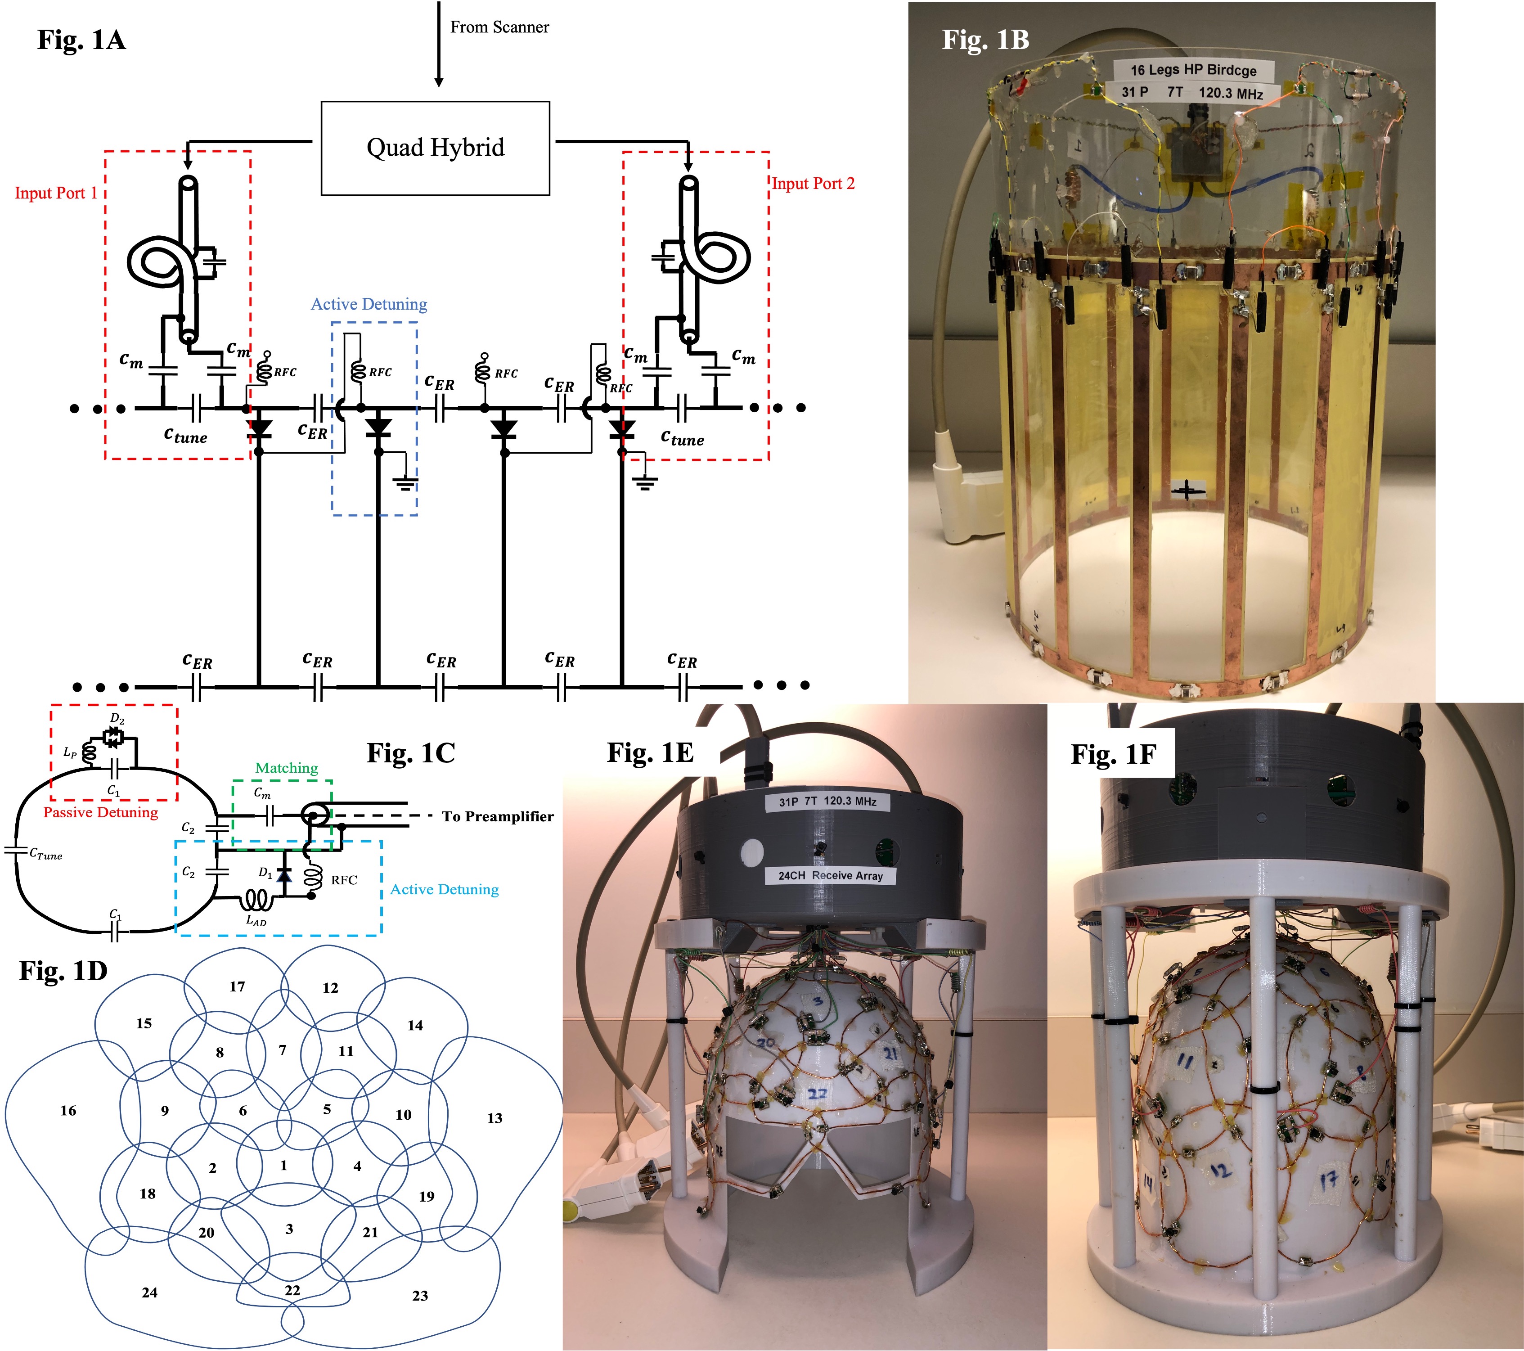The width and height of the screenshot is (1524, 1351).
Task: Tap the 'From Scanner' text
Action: (x=499, y=27)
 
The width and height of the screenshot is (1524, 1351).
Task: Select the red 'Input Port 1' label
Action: (x=56, y=193)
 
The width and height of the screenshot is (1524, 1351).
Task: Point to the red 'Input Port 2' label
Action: (x=813, y=184)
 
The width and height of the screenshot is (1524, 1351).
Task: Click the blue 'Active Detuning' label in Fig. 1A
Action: (x=369, y=304)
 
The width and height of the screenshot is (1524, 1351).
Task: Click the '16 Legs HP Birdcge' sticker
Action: (x=1193, y=70)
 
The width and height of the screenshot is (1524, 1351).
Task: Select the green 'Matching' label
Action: (x=286, y=768)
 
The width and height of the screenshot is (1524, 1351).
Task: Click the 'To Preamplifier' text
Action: (x=497, y=816)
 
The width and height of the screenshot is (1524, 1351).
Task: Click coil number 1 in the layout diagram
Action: (x=283, y=1165)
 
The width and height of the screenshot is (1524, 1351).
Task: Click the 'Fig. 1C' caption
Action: (x=410, y=753)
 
